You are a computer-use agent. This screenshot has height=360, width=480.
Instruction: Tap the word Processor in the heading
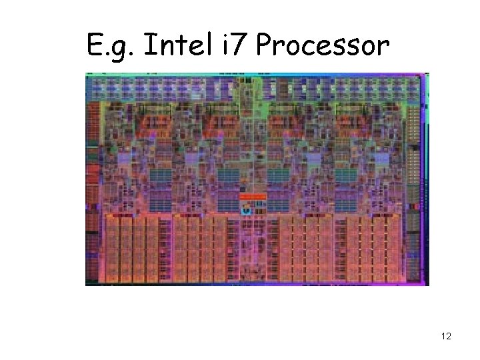pos(322,46)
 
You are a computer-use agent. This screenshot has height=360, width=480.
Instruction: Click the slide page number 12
pos(446,336)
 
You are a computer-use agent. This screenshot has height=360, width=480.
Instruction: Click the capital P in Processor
pos(264,46)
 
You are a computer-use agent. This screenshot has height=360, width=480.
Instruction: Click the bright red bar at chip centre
pos(253,197)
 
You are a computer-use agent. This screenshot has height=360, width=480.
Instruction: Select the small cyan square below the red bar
pos(246,211)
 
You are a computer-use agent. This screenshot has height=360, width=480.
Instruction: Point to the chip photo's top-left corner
pos(86,73)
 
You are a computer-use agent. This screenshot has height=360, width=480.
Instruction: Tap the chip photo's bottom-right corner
pos(429,285)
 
